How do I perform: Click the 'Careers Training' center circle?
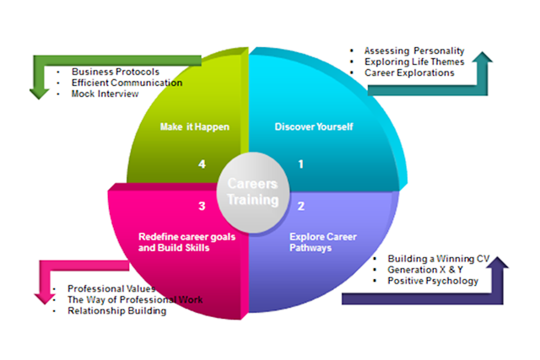point(252,193)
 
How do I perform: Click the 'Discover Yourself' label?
point(314,127)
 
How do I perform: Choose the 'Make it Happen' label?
point(194,127)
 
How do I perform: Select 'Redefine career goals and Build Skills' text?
point(186,243)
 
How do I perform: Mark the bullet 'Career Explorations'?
point(409,73)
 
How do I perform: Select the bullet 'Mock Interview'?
point(106,94)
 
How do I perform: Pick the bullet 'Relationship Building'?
point(116,310)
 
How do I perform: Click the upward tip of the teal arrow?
point(483,54)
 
